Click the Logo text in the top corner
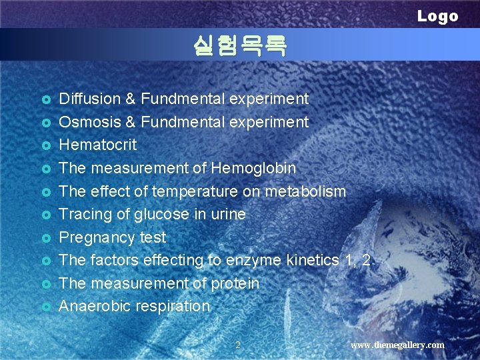click(437, 16)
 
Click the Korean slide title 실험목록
click(239, 45)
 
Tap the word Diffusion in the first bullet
click(89, 99)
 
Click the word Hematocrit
click(98, 145)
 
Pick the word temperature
click(191, 191)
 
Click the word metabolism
click(305, 191)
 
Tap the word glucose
click(159, 214)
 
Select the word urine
click(228, 214)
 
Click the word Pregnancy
click(97, 237)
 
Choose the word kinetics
click(312, 260)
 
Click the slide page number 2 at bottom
click(238, 345)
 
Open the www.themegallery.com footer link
click(397, 345)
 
